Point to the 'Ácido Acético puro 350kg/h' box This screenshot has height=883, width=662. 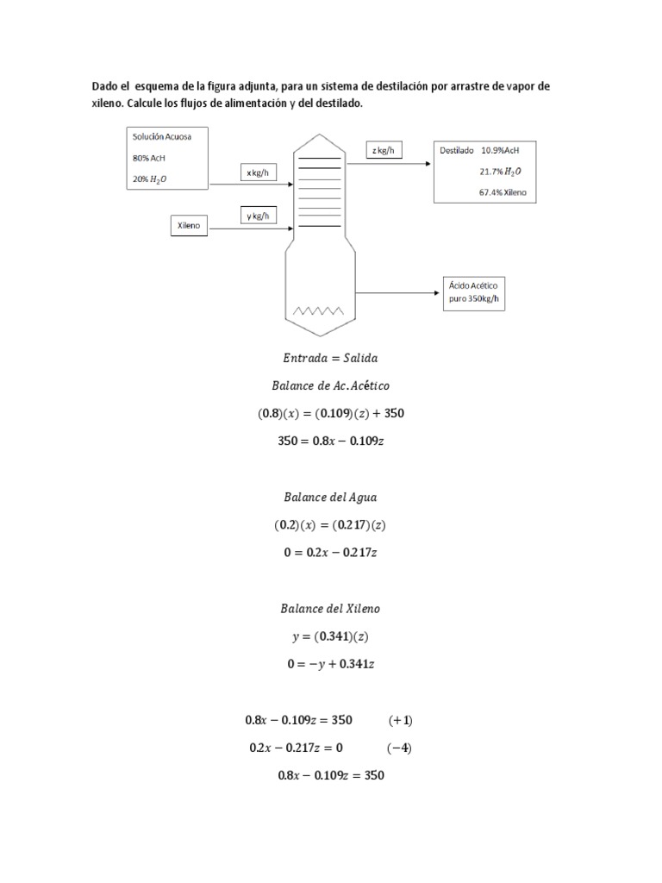[474, 293]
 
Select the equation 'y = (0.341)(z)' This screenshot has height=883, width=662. [330, 636]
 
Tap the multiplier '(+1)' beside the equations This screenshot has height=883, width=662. [401, 720]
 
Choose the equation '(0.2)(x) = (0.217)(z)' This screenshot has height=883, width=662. [330, 525]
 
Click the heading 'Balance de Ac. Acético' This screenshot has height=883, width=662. [330, 385]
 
